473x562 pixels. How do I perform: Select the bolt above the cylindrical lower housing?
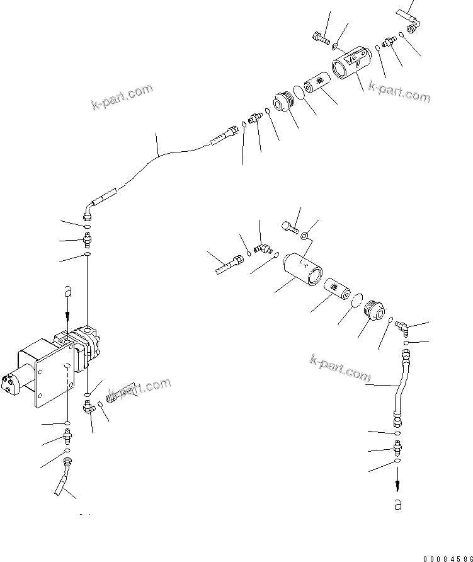tap(290, 226)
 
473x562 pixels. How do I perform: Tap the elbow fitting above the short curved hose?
tap(402, 327)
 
